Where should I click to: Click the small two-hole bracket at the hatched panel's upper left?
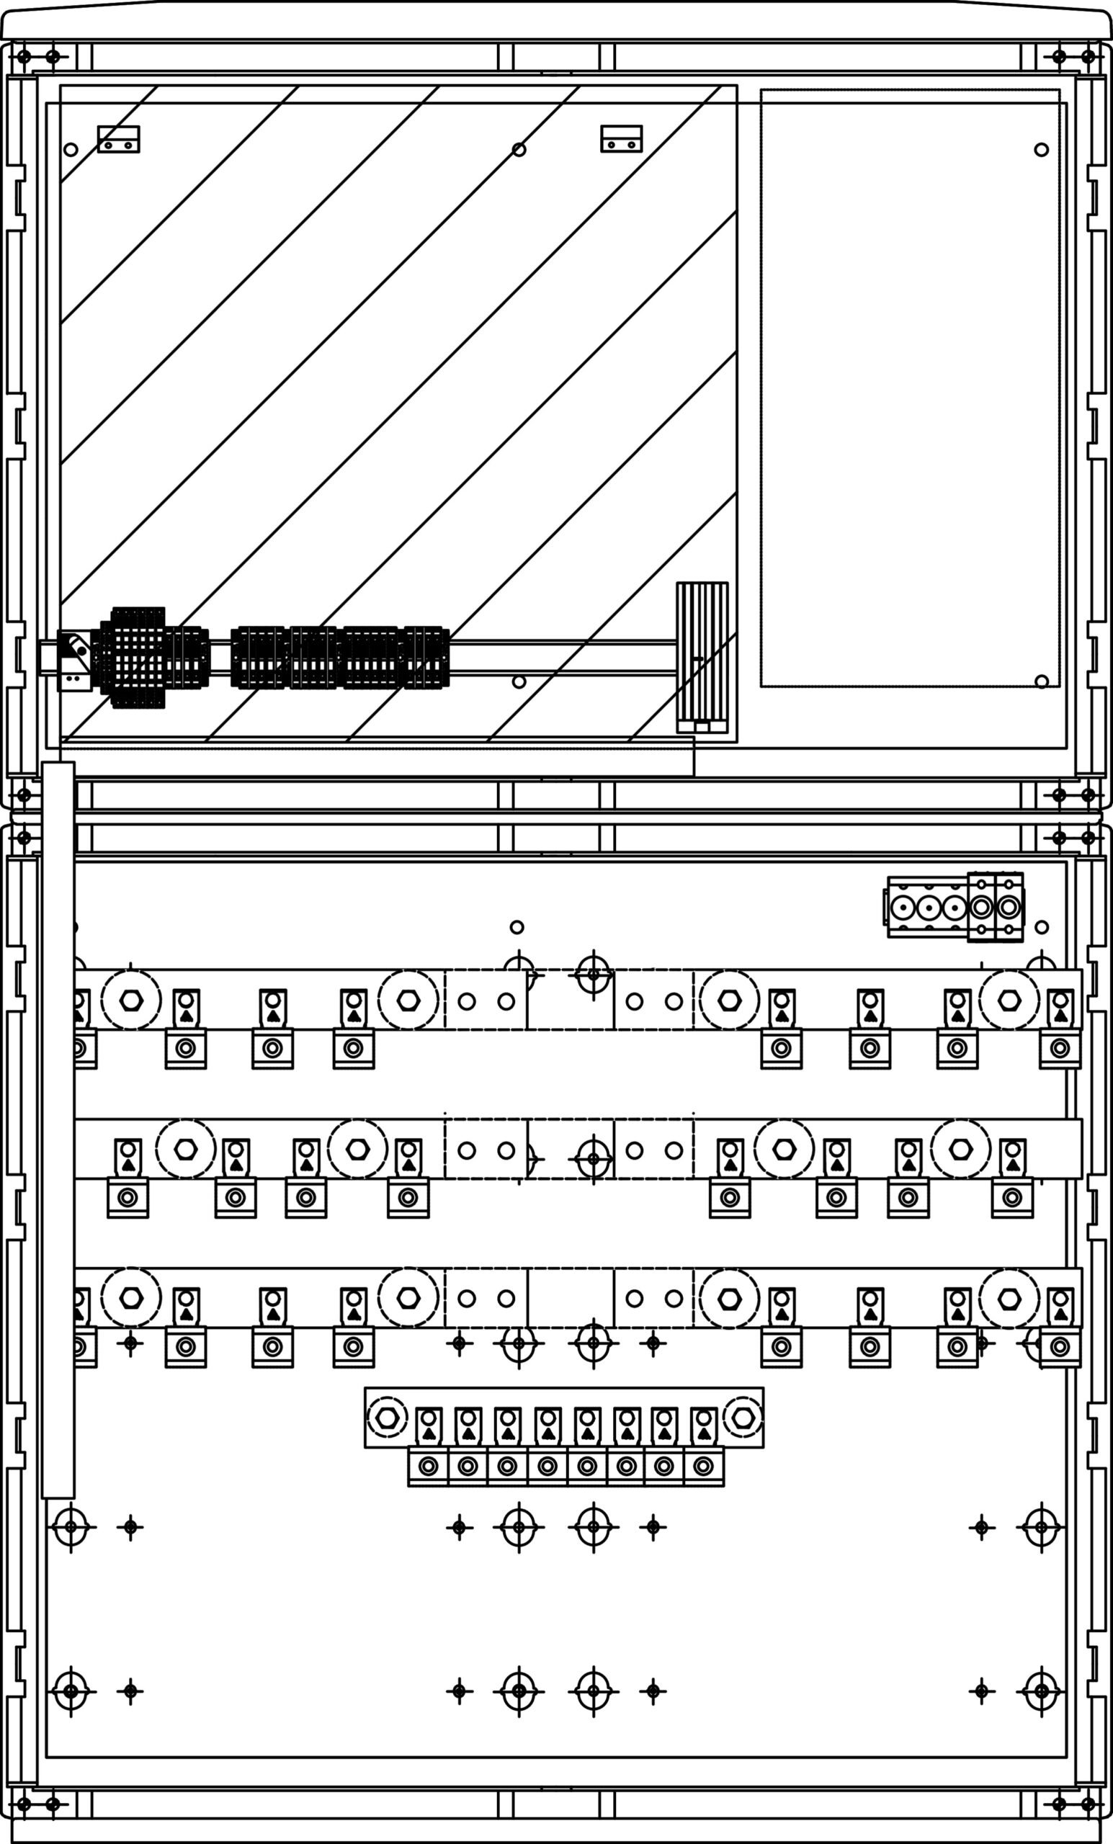[x=118, y=139]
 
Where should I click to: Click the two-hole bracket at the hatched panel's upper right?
[x=621, y=139]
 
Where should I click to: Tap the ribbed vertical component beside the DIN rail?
[x=702, y=657]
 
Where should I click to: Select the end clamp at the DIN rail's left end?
[x=73, y=661]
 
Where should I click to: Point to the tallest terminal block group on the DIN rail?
[x=138, y=657]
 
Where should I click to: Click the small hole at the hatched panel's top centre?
[x=519, y=150]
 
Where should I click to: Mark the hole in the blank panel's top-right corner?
[x=1041, y=150]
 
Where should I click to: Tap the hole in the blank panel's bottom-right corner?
[x=1041, y=681]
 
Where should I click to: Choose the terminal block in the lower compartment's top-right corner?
[x=955, y=907]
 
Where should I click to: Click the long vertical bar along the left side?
[x=58, y=1130]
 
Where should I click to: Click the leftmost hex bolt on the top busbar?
[x=131, y=1000]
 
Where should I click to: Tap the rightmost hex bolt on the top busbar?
[x=1009, y=1000]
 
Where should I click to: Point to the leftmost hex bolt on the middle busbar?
[x=186, y=1150]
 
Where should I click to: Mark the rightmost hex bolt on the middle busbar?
[x=960, y=1150]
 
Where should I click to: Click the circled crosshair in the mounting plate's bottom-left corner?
[x=71, y=1691]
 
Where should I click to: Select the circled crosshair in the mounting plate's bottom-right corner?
[x=1041, y=1691]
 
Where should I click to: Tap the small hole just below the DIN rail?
[x=519, y=681]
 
